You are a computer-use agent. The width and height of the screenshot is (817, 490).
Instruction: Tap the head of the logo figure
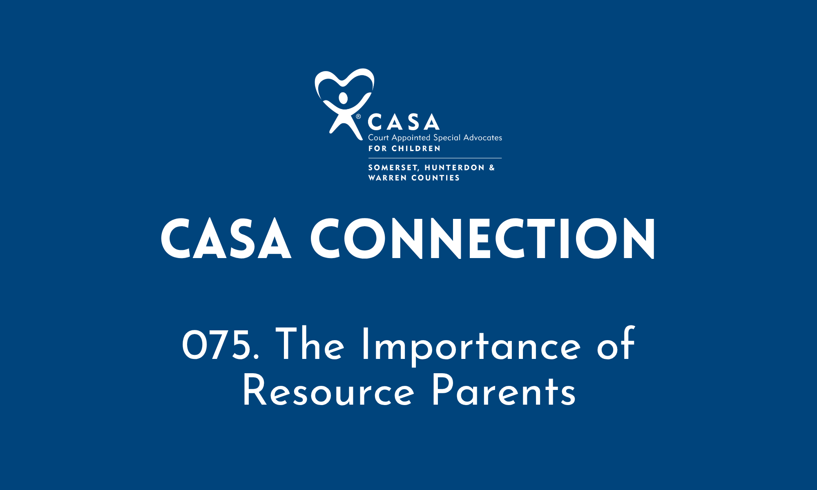coord(343,98)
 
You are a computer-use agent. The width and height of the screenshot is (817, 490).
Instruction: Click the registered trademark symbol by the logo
coord(358,117)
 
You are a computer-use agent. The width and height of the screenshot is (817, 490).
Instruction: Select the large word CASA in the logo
coord(404,122)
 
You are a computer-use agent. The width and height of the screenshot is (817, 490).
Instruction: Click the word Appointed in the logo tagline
coord(411,138)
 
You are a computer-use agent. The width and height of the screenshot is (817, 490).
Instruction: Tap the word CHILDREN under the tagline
coord(416,149)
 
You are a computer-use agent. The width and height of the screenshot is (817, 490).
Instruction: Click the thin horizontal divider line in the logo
coord(435,158)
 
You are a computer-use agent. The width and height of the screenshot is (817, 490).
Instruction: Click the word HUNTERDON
coord(455,168)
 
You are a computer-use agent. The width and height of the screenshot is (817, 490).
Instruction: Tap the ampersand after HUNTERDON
coord(492,167)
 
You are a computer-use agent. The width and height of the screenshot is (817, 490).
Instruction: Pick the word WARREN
coord(387,178)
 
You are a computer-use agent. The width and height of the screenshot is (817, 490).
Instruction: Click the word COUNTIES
coord(435,178)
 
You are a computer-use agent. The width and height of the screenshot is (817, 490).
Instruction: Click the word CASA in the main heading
coord(226,239)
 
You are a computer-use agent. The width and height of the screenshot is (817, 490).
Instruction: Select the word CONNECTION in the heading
coord(483,239)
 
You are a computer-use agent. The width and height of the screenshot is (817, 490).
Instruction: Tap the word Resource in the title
coord(328,392)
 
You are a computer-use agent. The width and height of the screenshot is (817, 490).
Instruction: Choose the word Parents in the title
coord(504,392)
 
